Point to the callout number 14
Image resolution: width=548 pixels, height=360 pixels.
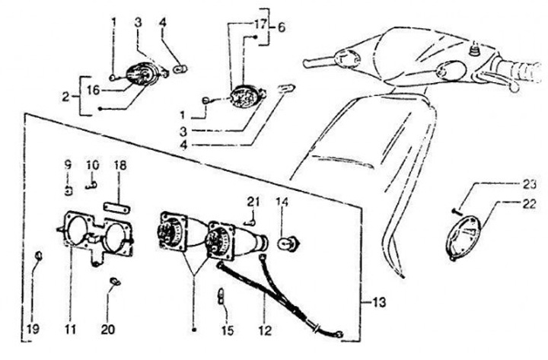point(282,202)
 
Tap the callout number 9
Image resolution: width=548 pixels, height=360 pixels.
point(67,164)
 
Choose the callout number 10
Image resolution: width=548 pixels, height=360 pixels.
point(91,164)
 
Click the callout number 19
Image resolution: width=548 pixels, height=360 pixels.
point(33,330)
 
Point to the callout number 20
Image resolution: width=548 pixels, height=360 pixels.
point(107,330)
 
